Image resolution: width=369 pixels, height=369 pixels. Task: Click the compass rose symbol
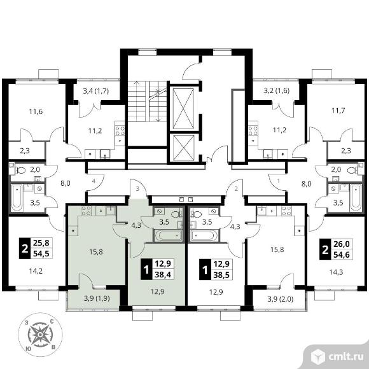(x=40, y=335)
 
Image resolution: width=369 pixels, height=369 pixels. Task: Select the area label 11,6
(x=36, y=111)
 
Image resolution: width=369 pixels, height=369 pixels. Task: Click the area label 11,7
(x=338, y=110)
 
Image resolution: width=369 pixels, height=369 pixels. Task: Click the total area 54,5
(x=41, y=254)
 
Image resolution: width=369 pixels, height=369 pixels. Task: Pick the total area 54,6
(x=342, y=255)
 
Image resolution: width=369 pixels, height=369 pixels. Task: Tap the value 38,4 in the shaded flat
(x=163, y=274)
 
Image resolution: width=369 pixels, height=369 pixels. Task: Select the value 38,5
(x=221, y=275)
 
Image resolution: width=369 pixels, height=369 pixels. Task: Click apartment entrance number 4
(x=94, y=181)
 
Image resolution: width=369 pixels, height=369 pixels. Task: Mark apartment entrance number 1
(x=279, y=181)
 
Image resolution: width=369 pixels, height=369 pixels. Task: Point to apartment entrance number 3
(x=137, y=189)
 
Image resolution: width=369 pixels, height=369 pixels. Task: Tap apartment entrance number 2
(x=236, y=189)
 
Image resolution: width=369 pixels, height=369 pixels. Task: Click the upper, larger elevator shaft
(x=183, y=109)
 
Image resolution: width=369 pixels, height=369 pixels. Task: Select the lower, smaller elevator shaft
(x=183, y=148)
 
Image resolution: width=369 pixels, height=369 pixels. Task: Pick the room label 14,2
(x=36, y=271)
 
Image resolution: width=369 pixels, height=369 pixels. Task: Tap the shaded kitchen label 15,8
(x=96, y=252)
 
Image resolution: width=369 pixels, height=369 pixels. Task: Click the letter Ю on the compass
(x=29, y=349)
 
